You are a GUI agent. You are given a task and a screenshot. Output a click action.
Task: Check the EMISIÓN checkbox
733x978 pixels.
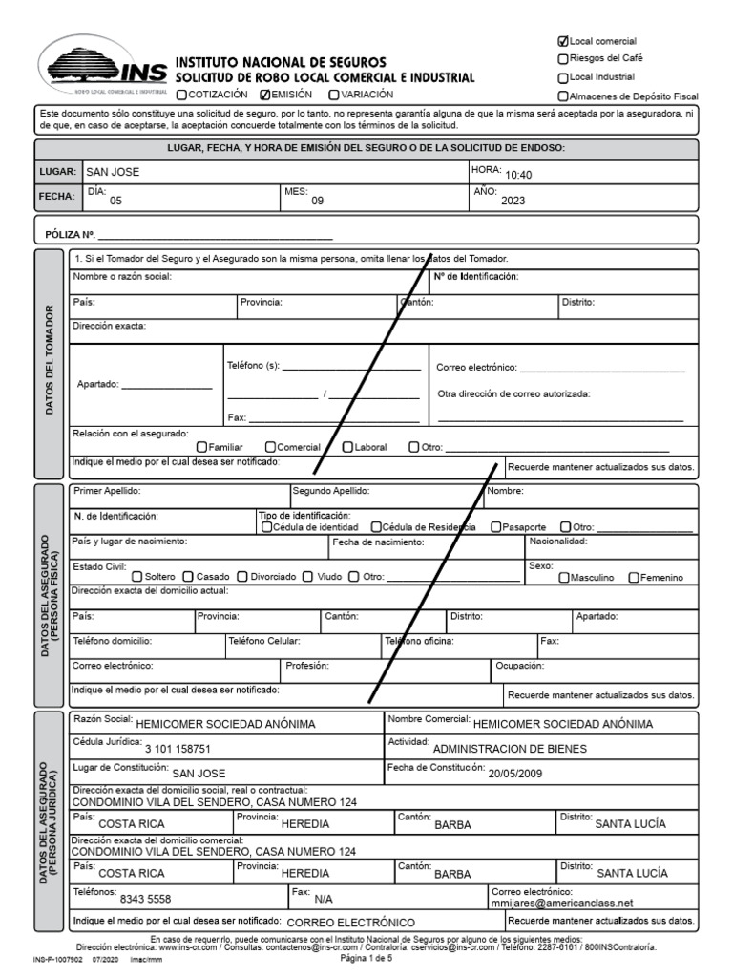click(x=265, y=95)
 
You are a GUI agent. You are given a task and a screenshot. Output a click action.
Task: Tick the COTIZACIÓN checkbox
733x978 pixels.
click(x=181, y=95)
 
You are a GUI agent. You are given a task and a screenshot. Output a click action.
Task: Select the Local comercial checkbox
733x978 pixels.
click(x=562, y=41)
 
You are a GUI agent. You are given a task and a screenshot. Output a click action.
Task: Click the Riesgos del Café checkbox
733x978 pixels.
click(x=562, y=59)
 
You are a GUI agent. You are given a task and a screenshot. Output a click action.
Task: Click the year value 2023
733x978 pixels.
click(x=513, y=201)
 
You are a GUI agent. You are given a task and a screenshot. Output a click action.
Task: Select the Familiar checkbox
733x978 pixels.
click(x=201, y=447)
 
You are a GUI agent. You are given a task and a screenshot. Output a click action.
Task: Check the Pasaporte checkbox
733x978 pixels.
click(x=496, y=527)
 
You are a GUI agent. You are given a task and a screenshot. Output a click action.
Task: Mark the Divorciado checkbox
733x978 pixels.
click(x=242, y=577)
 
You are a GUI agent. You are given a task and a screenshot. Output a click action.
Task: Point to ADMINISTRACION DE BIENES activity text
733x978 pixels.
click(x=510, y=749)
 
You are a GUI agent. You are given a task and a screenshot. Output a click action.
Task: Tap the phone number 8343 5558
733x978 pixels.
click(x=145, y=899)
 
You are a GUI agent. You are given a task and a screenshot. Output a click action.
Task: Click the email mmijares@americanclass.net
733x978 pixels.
click(x=561, y=903)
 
